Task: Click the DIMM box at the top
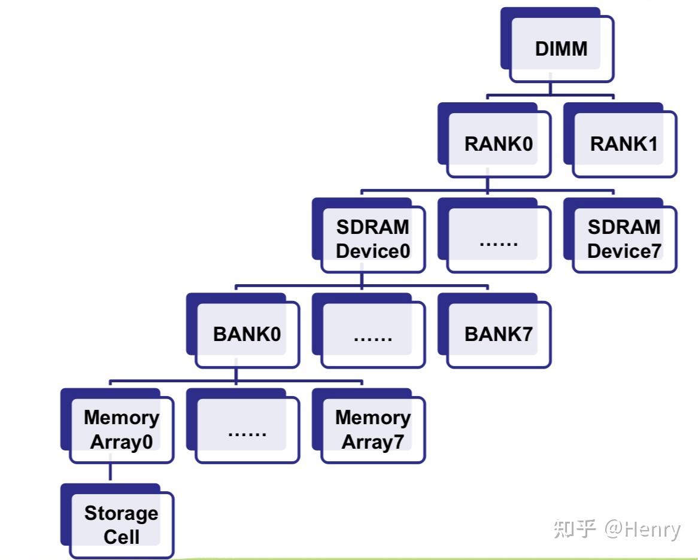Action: [x=560, y=48]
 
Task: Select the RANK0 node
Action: [x=498, y=144]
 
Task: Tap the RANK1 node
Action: [x=624, y=144]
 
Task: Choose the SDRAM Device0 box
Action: [x=372, y=239]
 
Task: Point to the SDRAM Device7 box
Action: [x=624, y=239]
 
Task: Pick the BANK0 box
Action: [x=247, y=334]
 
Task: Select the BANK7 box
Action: [x=498, y=334]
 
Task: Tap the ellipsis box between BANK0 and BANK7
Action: [x=372, y=334]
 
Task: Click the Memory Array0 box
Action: [x=122, y=429]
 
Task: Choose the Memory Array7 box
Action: [x=372, y=429]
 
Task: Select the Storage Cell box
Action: [x=122, y=524]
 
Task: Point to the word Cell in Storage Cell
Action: [x=122, y=537]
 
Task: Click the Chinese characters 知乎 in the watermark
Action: [x=574, y=529]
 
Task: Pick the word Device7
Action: [x=624, y=251]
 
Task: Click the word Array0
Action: [x=122, y=442]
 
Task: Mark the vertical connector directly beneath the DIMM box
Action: [x=550, y=89]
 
